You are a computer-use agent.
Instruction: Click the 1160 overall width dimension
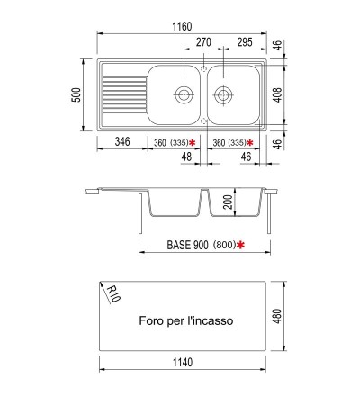point(182,26)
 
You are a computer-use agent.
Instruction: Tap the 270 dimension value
point(203,42)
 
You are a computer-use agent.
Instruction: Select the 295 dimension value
point(245,42)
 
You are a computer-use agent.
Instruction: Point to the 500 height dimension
point(77,94)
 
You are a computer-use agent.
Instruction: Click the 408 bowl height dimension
point(278,94)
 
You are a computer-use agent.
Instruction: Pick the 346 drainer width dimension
point(122,141)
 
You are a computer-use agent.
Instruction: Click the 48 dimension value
point(186,157)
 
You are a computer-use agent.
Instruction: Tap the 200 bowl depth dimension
point(229,202)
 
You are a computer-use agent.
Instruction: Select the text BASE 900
point(187,245)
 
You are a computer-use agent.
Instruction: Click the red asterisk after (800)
point(240,245)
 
